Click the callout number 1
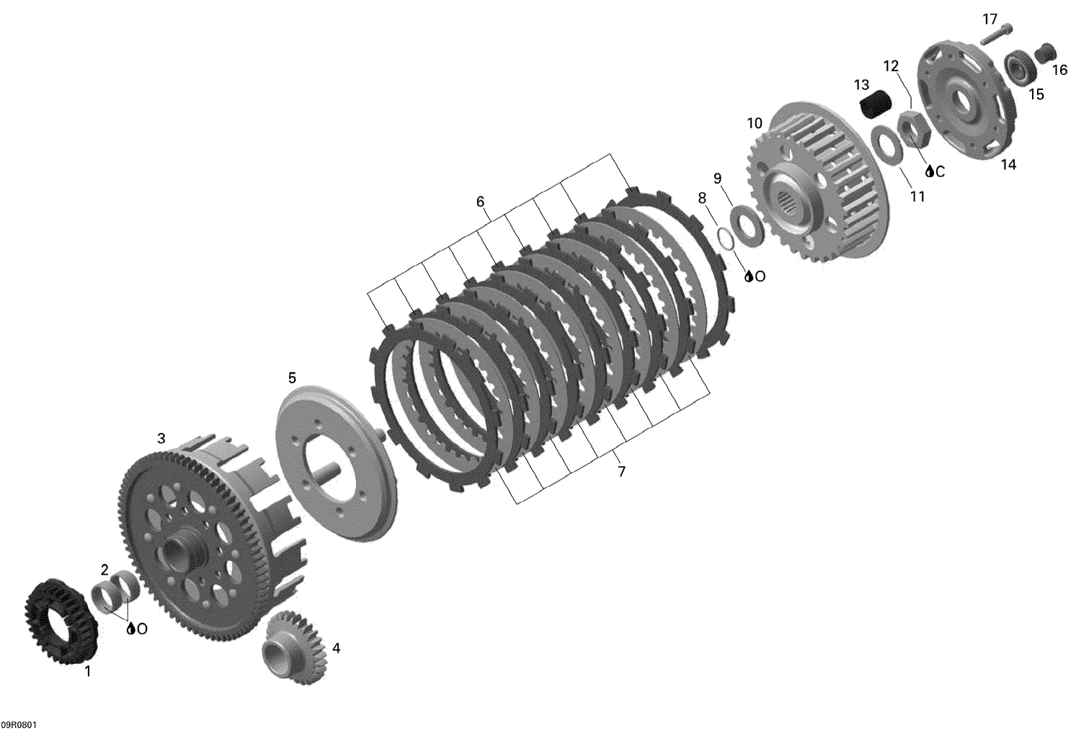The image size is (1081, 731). click(88, 672)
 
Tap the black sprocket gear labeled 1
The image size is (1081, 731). click(61, 612)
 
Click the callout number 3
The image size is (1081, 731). click(161, 438)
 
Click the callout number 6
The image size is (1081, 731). click(481, 202)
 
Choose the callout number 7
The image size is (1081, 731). click(621, 472)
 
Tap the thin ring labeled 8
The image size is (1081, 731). click(726, 237)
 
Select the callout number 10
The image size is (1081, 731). click(754, 123)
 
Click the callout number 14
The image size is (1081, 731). click(1008, 165)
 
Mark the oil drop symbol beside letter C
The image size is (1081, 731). click(930, 171)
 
